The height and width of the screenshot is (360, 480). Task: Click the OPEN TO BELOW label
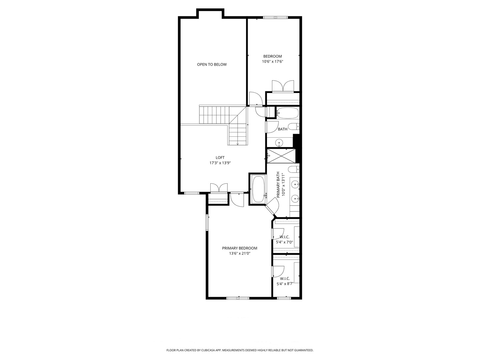click(212, 64)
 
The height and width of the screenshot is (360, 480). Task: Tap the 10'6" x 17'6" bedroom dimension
click(272, 62)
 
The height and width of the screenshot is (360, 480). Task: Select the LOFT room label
click(220, 158)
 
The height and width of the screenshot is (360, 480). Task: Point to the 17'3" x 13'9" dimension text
click(220, 163)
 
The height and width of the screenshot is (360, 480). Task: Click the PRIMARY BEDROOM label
click(240, 248)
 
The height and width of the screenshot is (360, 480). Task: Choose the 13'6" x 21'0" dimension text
click(240, 253)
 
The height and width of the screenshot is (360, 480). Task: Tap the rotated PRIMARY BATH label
click(278, 185)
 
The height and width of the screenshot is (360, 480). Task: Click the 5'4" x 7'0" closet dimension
click(284, 242)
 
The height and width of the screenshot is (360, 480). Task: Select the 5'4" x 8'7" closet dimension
click(285, 284)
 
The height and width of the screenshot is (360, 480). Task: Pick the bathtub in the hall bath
click(287, 113)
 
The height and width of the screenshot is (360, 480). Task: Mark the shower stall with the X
click(281, 156)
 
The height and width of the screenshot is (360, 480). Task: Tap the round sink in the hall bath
click(279, 143)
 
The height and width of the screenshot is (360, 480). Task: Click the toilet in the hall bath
click(293, 127)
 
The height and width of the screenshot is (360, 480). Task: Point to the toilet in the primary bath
click(293, 169)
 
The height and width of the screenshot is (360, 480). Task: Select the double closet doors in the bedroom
click(283, 86)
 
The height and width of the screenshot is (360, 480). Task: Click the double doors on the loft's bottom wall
click(219, 188)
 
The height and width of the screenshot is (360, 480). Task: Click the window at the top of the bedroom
click(275, 17)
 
